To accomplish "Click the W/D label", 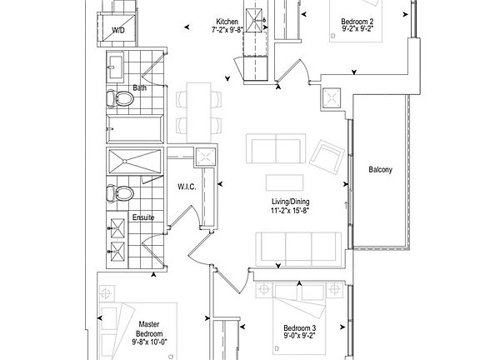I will [x=120, y=31].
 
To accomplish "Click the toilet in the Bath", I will [x=122, y=100].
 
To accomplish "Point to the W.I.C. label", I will [x=186, y=187].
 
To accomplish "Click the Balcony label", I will [x=380, y=171].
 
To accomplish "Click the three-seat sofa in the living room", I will [x=296, y=247].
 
